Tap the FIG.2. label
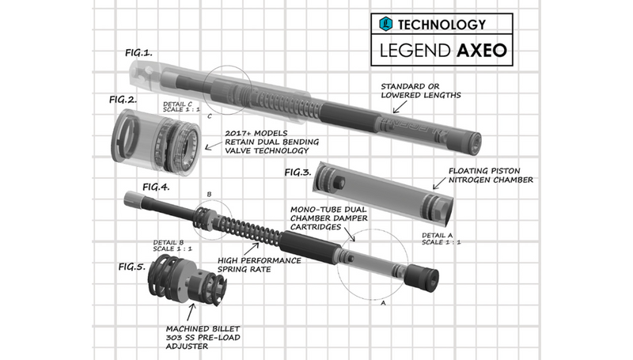123,100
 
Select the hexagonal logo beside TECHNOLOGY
386,25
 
